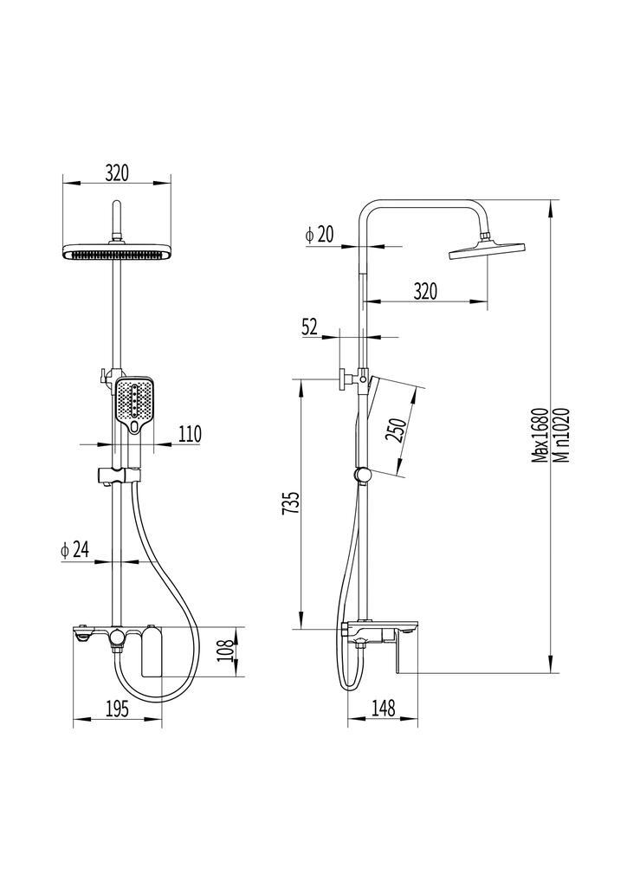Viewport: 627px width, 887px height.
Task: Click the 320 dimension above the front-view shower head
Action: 117,173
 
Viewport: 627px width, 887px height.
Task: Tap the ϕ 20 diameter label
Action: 320,234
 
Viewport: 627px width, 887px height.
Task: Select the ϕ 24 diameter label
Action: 75,549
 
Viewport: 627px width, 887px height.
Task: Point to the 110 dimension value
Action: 190,435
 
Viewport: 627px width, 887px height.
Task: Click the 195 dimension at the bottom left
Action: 116,709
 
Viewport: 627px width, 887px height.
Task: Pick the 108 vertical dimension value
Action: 225,651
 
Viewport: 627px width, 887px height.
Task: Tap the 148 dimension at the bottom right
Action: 383,708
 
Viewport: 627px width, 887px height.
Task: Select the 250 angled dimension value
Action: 396,430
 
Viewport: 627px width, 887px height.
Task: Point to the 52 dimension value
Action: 310,327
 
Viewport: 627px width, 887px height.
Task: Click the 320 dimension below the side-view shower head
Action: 425,291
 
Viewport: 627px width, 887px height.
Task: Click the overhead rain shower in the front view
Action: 117,252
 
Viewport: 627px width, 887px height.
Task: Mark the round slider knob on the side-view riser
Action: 362,476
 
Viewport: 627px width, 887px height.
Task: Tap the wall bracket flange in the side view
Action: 343,379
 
